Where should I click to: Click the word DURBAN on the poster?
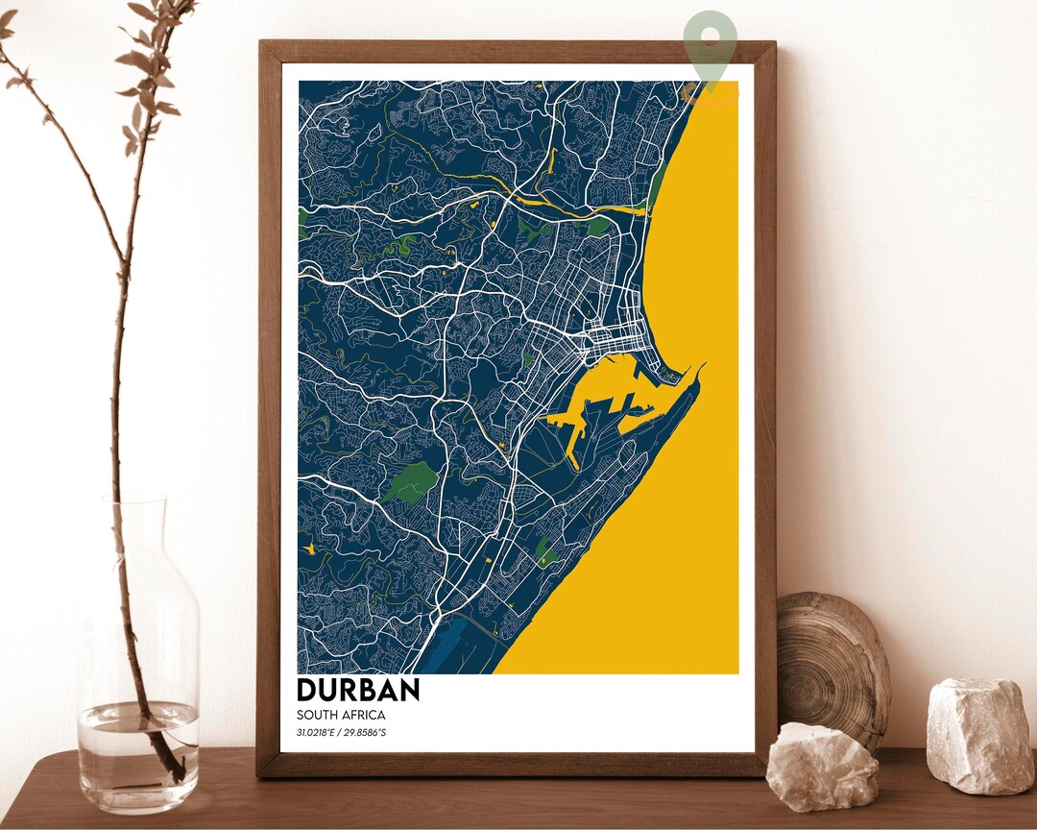(x=358, y=690)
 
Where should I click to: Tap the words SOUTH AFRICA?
(x=341, y=715)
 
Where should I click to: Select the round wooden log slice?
(x=833, y=668)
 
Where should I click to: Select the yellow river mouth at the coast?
(x=624, y=208)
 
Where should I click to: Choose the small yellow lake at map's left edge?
(x=309, y=548)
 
